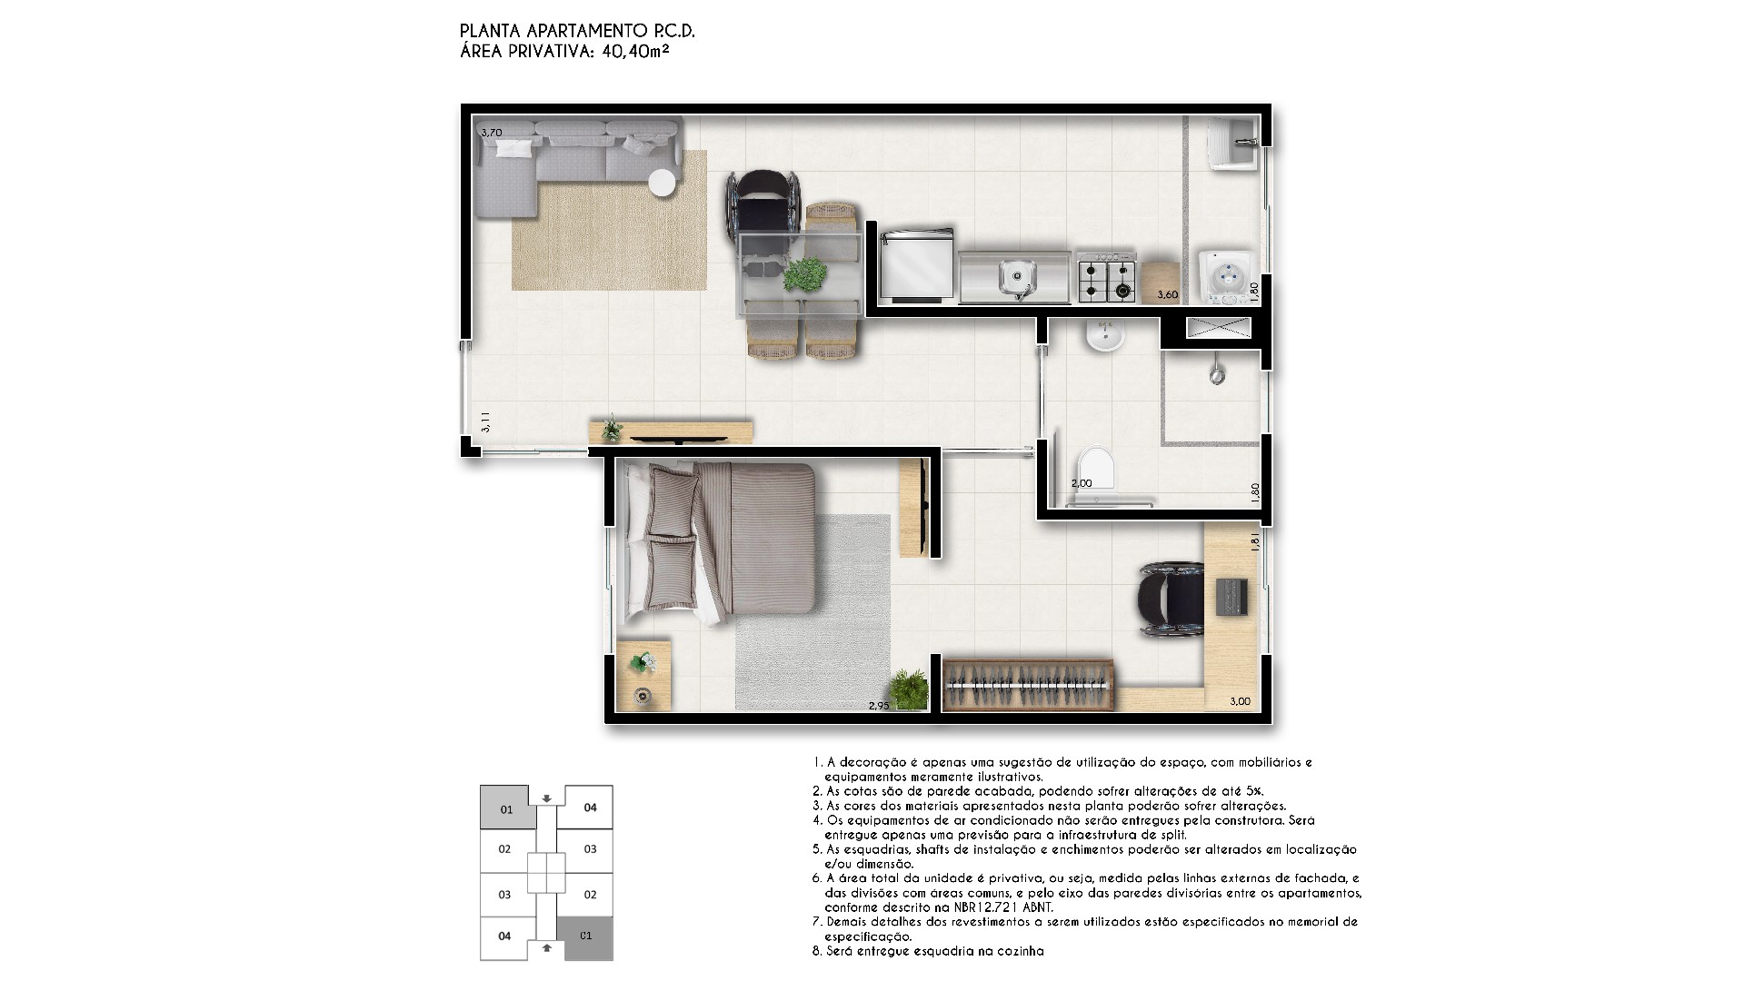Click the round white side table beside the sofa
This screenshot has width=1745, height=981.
click(662, 183)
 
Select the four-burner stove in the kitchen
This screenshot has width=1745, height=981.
click(1106, 276)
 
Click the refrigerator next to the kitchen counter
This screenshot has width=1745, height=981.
click(917, 264)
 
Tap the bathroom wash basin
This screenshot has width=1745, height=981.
click(1105, 335)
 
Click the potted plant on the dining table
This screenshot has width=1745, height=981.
click(805, 273)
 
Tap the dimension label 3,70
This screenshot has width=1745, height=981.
click(491, 133)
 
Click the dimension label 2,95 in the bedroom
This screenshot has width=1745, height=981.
click(879, 705)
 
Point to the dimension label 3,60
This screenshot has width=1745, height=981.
click(1167, 294)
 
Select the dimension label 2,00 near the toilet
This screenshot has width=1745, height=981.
click(1082, 483)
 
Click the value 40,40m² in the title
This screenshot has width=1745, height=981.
click(636, 52)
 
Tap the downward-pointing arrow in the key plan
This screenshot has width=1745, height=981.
click(546, 798)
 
